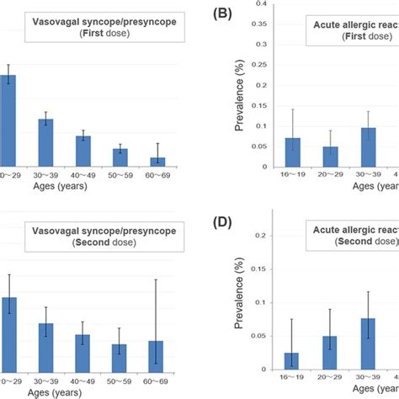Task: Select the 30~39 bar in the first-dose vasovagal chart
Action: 45,142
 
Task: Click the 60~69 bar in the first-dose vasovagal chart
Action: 157,161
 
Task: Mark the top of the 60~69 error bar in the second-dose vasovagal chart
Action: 157,279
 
